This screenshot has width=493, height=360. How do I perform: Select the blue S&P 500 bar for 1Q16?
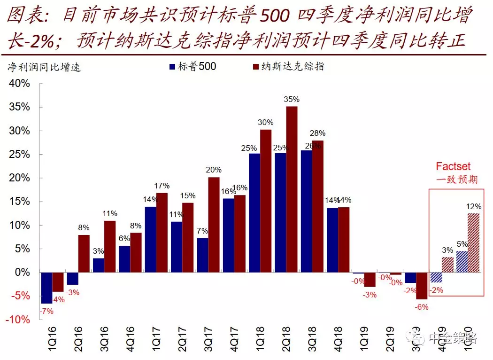[46, 288]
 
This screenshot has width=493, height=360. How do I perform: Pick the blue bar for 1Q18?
[254, 212]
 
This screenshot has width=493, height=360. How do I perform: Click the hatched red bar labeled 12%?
[474, 243]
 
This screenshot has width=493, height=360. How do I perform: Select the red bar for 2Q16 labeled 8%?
[84, 253]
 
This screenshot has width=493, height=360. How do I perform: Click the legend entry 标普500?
[197, 67]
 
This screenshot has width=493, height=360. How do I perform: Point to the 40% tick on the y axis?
[20, 84]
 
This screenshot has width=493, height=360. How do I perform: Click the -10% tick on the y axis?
[18, 320]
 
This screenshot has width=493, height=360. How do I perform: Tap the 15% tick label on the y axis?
[20, 202]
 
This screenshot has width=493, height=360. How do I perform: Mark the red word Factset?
[453, 166]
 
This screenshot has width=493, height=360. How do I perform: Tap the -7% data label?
[46, 311]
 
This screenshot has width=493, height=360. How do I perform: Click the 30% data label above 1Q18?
[265, 122]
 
